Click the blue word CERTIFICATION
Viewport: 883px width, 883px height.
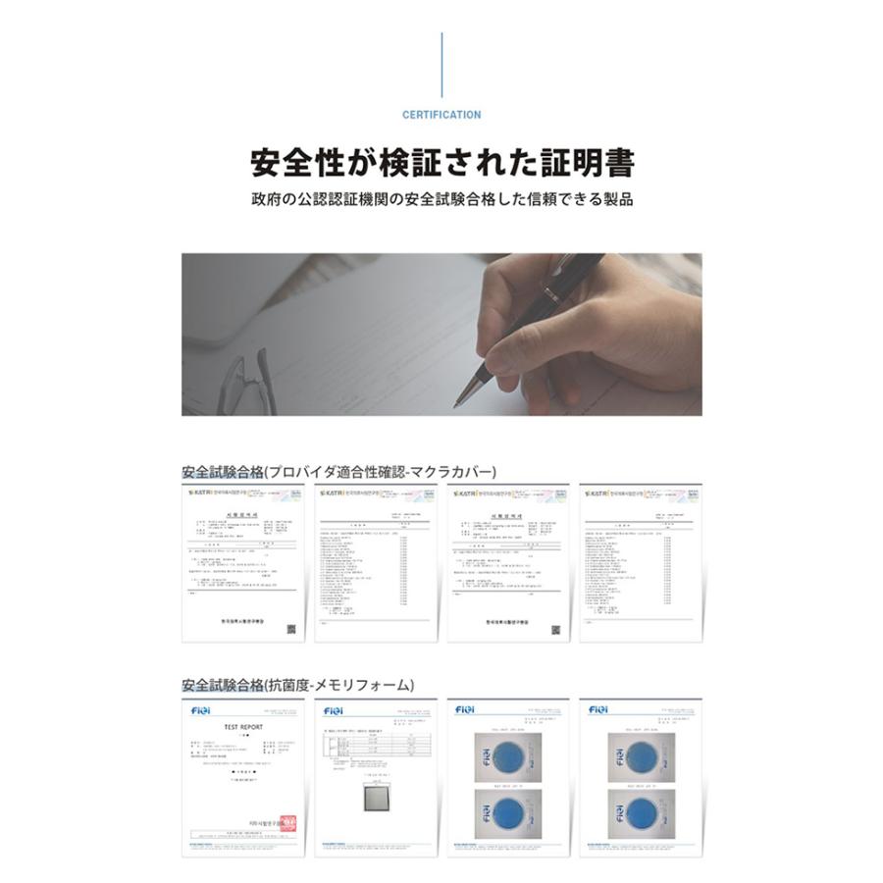(441, 115)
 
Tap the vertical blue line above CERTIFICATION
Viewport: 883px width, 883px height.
(441, 65)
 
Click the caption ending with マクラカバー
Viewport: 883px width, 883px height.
(339, 471)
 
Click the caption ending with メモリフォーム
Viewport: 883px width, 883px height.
(297, 684)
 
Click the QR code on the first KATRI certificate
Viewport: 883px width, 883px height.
(290, 629)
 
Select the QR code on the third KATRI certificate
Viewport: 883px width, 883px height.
(555, 629)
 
